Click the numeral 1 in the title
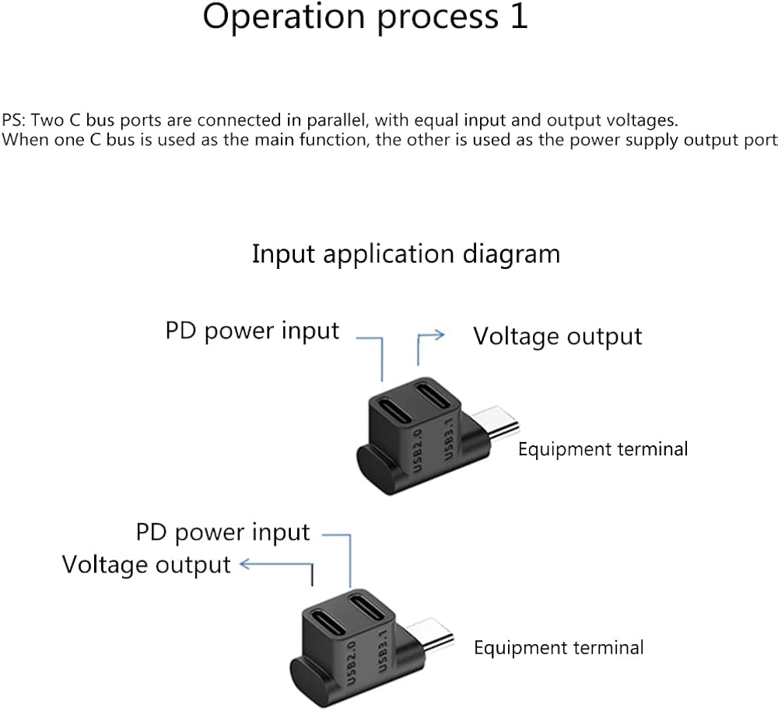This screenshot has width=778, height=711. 518,16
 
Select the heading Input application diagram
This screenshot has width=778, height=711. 405,254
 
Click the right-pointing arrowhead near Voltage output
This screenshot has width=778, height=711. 440,335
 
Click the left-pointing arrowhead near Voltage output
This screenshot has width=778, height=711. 244,565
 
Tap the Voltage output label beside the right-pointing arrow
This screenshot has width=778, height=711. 558,336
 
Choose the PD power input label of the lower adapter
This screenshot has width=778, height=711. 223,532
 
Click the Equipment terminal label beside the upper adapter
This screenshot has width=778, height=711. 603,448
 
